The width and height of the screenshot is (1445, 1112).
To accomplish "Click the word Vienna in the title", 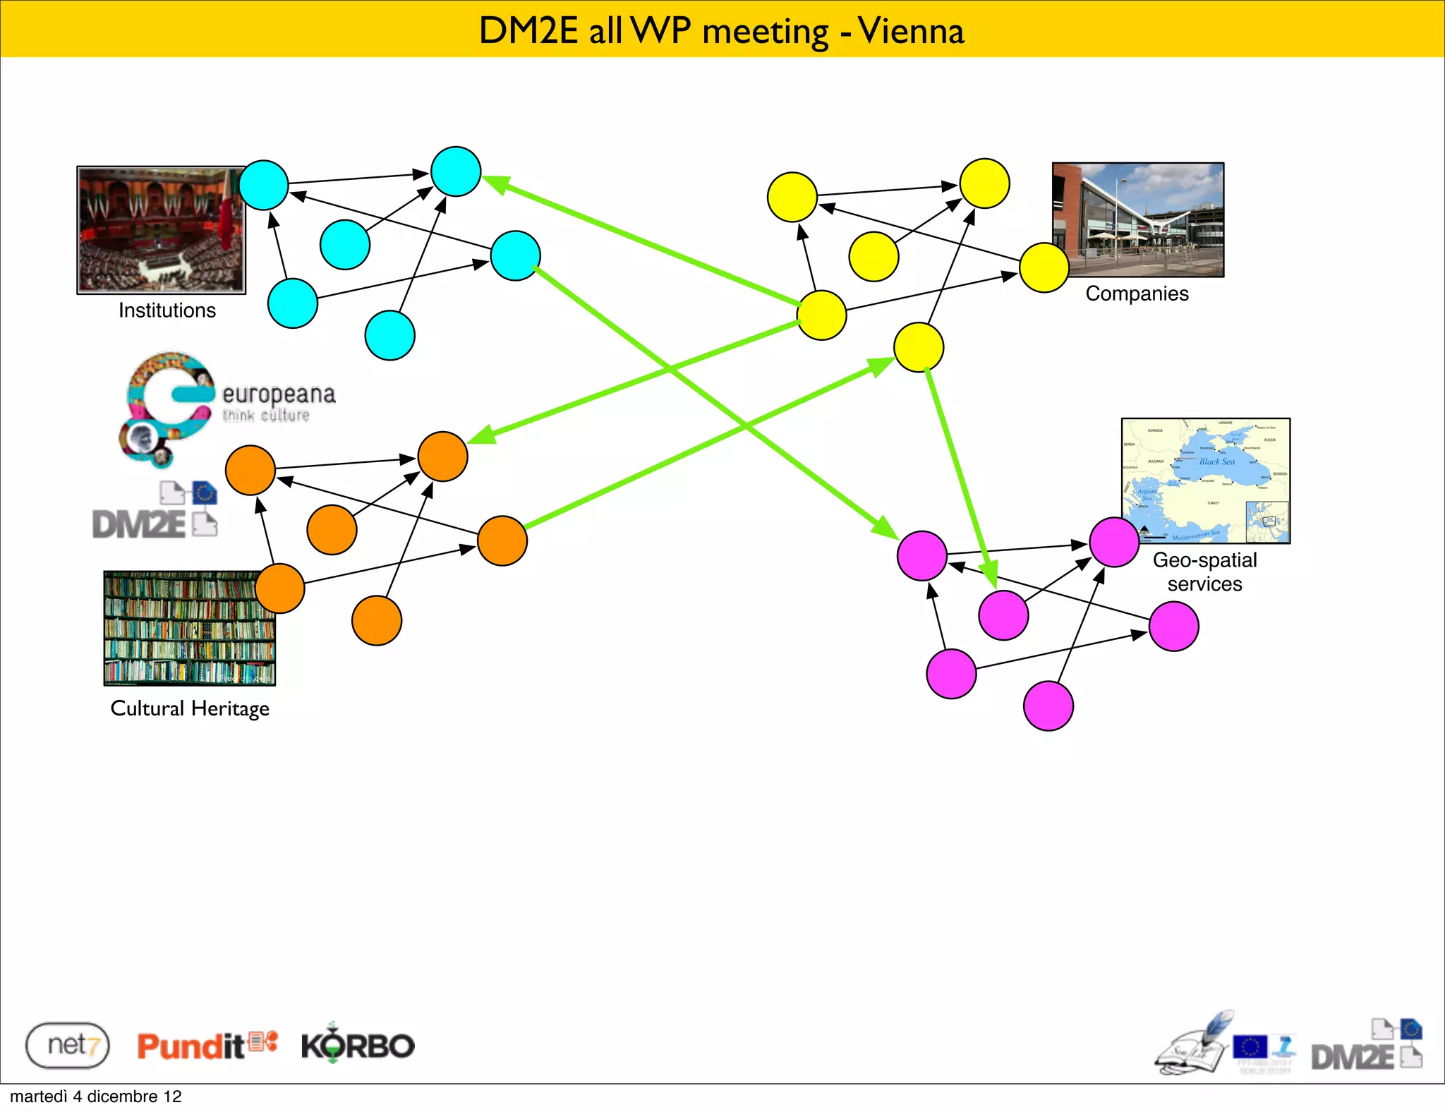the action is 911,31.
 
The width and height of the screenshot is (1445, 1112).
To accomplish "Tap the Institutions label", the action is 167,310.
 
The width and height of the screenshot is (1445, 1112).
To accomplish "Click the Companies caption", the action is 1137,294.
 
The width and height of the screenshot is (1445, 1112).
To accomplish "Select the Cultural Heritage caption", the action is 190,708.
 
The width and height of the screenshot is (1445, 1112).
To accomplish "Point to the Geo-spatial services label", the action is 1204,572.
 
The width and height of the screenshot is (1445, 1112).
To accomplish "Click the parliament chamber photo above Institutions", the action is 160,230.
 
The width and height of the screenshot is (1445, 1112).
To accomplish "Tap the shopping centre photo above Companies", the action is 1137,219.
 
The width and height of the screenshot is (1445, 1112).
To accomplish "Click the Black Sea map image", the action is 1205,480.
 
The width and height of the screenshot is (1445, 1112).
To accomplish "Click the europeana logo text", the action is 278,394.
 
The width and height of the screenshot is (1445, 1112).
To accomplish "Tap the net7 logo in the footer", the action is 68,1045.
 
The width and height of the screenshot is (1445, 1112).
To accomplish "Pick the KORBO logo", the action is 358,1045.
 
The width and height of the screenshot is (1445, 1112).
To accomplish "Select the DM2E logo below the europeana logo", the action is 155,512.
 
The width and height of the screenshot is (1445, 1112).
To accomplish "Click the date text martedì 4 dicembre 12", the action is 96,1096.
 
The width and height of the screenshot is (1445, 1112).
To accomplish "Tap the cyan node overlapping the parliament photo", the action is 264,186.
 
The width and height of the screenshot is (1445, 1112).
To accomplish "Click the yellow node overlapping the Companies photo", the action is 1044,267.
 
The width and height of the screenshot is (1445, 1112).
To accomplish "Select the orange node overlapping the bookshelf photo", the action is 280,588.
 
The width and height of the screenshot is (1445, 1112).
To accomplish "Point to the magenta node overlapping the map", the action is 1114,542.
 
